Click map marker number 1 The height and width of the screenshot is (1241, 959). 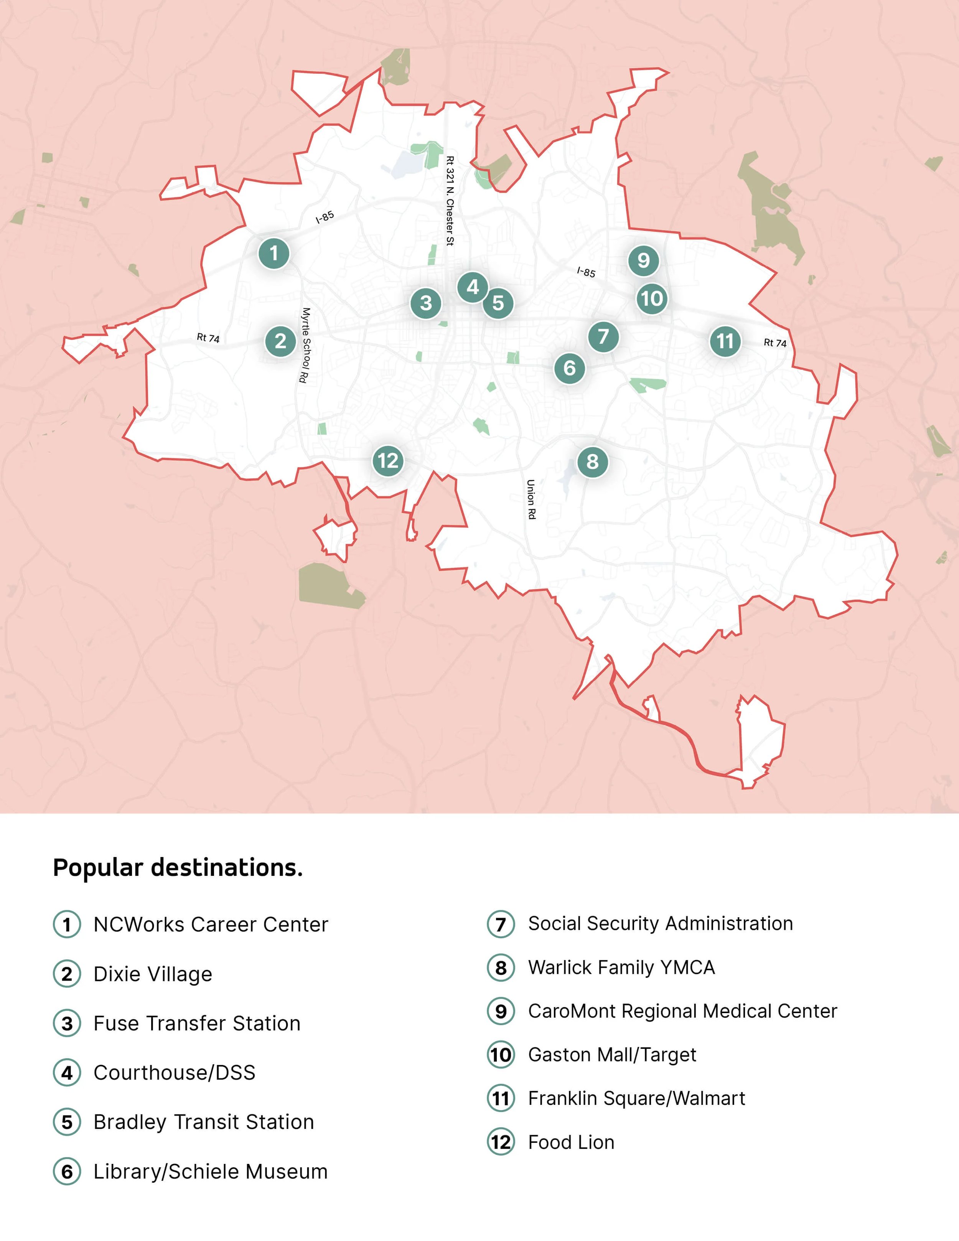[x=274, y=253]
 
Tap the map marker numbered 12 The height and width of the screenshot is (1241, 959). [x=388, y=460]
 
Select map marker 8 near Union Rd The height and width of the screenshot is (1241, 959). [x=592, y=461]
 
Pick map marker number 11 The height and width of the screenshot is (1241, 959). [x=725, y=341]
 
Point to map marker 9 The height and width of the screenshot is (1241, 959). [x=643, y=260]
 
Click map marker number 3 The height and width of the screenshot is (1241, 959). [x=425, y=303]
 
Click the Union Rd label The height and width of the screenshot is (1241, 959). [x=531, y=499]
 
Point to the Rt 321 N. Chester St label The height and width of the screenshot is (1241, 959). [x=450, y=201]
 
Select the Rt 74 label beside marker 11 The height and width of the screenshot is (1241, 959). [x=775, y=343]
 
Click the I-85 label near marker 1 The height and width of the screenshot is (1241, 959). [x=325, y=217]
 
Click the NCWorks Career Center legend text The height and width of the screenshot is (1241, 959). [x=211, y=925]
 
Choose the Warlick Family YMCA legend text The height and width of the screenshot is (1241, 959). [x=621, y=967]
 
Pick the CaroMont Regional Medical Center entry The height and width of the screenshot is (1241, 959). [x=682, y=1011]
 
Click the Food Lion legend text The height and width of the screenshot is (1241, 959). [x=571, y=1142]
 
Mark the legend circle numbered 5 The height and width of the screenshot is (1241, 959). [x=67, y=1122]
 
